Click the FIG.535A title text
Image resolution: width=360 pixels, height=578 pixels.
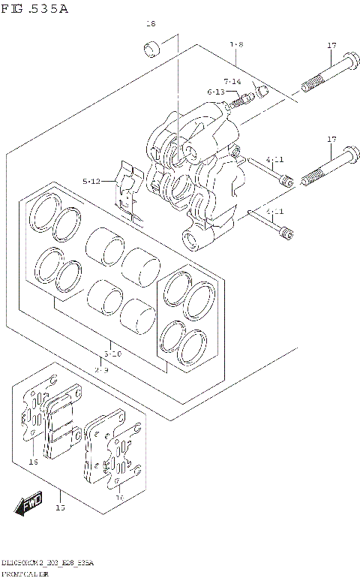tap(34, 9)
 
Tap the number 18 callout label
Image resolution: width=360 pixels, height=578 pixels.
tap(150, 24)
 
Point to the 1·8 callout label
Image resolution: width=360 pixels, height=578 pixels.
tap(236, 45)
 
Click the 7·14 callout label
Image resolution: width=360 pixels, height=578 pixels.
tap(232, 81)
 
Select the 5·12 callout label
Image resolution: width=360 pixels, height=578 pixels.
tap(92, 181)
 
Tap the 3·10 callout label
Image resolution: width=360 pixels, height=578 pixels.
tap(112, 352)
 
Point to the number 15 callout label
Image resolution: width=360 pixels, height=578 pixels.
tap(60, 508)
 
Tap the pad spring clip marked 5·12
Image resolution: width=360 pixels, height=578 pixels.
tap(130, 194)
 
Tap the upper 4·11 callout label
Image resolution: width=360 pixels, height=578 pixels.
tap(274, 160)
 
